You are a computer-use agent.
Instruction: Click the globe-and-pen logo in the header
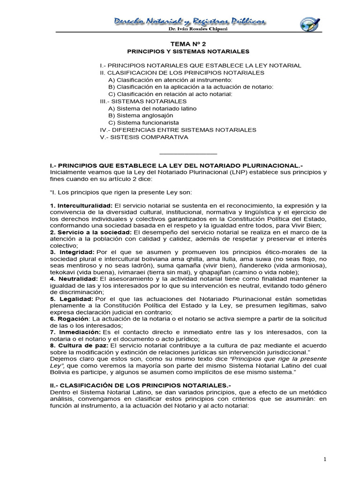310,24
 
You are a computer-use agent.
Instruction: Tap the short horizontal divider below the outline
188,153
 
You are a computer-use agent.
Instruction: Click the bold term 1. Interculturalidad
81,206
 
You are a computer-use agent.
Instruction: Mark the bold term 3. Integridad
72,252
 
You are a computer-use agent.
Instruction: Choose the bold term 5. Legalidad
71,299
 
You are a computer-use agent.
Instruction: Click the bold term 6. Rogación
69,318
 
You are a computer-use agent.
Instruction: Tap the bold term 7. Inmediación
74,332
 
